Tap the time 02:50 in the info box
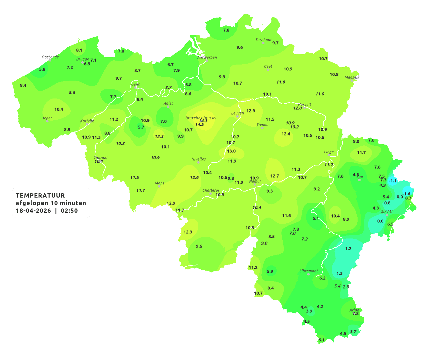click(69, 211)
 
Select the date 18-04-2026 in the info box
click(33, 211)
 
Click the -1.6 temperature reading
click(406, 194)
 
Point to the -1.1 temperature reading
click(392, 181)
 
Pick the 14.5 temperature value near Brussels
click(200, 125)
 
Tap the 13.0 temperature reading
click(231, 151)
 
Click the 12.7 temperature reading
click(274, 176)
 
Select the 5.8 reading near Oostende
click(42, 69)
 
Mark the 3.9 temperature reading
click(309, 311)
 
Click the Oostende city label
click(50, 57)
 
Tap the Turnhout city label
click(264, 40)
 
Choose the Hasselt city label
click(305, 105)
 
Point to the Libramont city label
click(309, 271)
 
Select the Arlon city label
click(354, 310)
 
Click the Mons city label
click(160, 183)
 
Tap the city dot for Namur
click(255, 185)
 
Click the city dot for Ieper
click(47, 121)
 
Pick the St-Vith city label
click(387, 212)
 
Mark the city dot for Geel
click(268, 70)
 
